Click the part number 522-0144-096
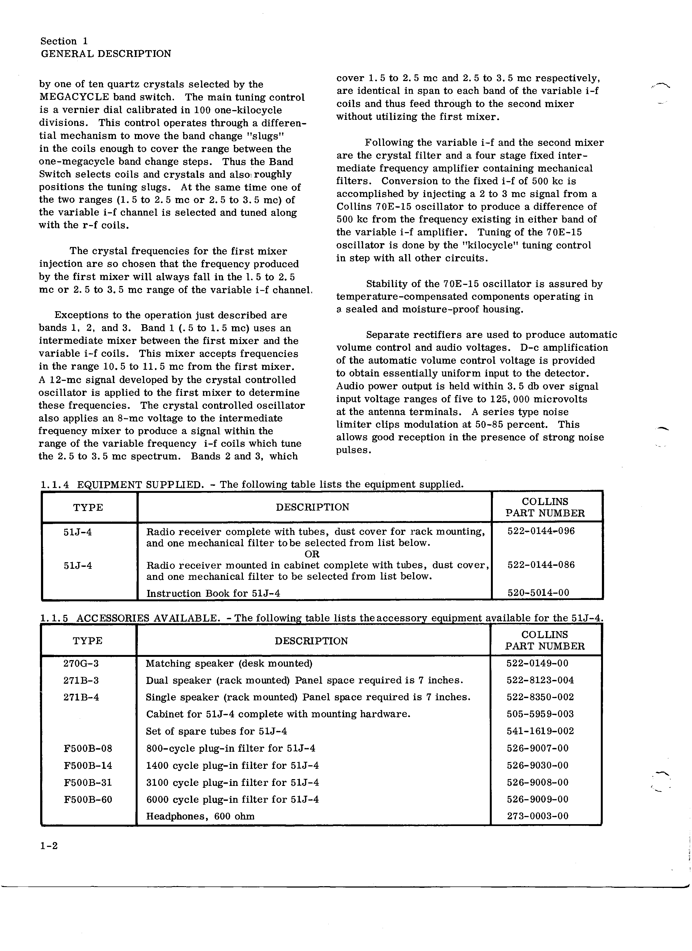coord(541,531)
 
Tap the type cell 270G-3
coord(81,663)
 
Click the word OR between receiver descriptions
coord(312,554)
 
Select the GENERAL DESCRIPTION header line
coord(106,54)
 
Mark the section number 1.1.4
coord(55,485)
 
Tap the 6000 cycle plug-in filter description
coord(232,800)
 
